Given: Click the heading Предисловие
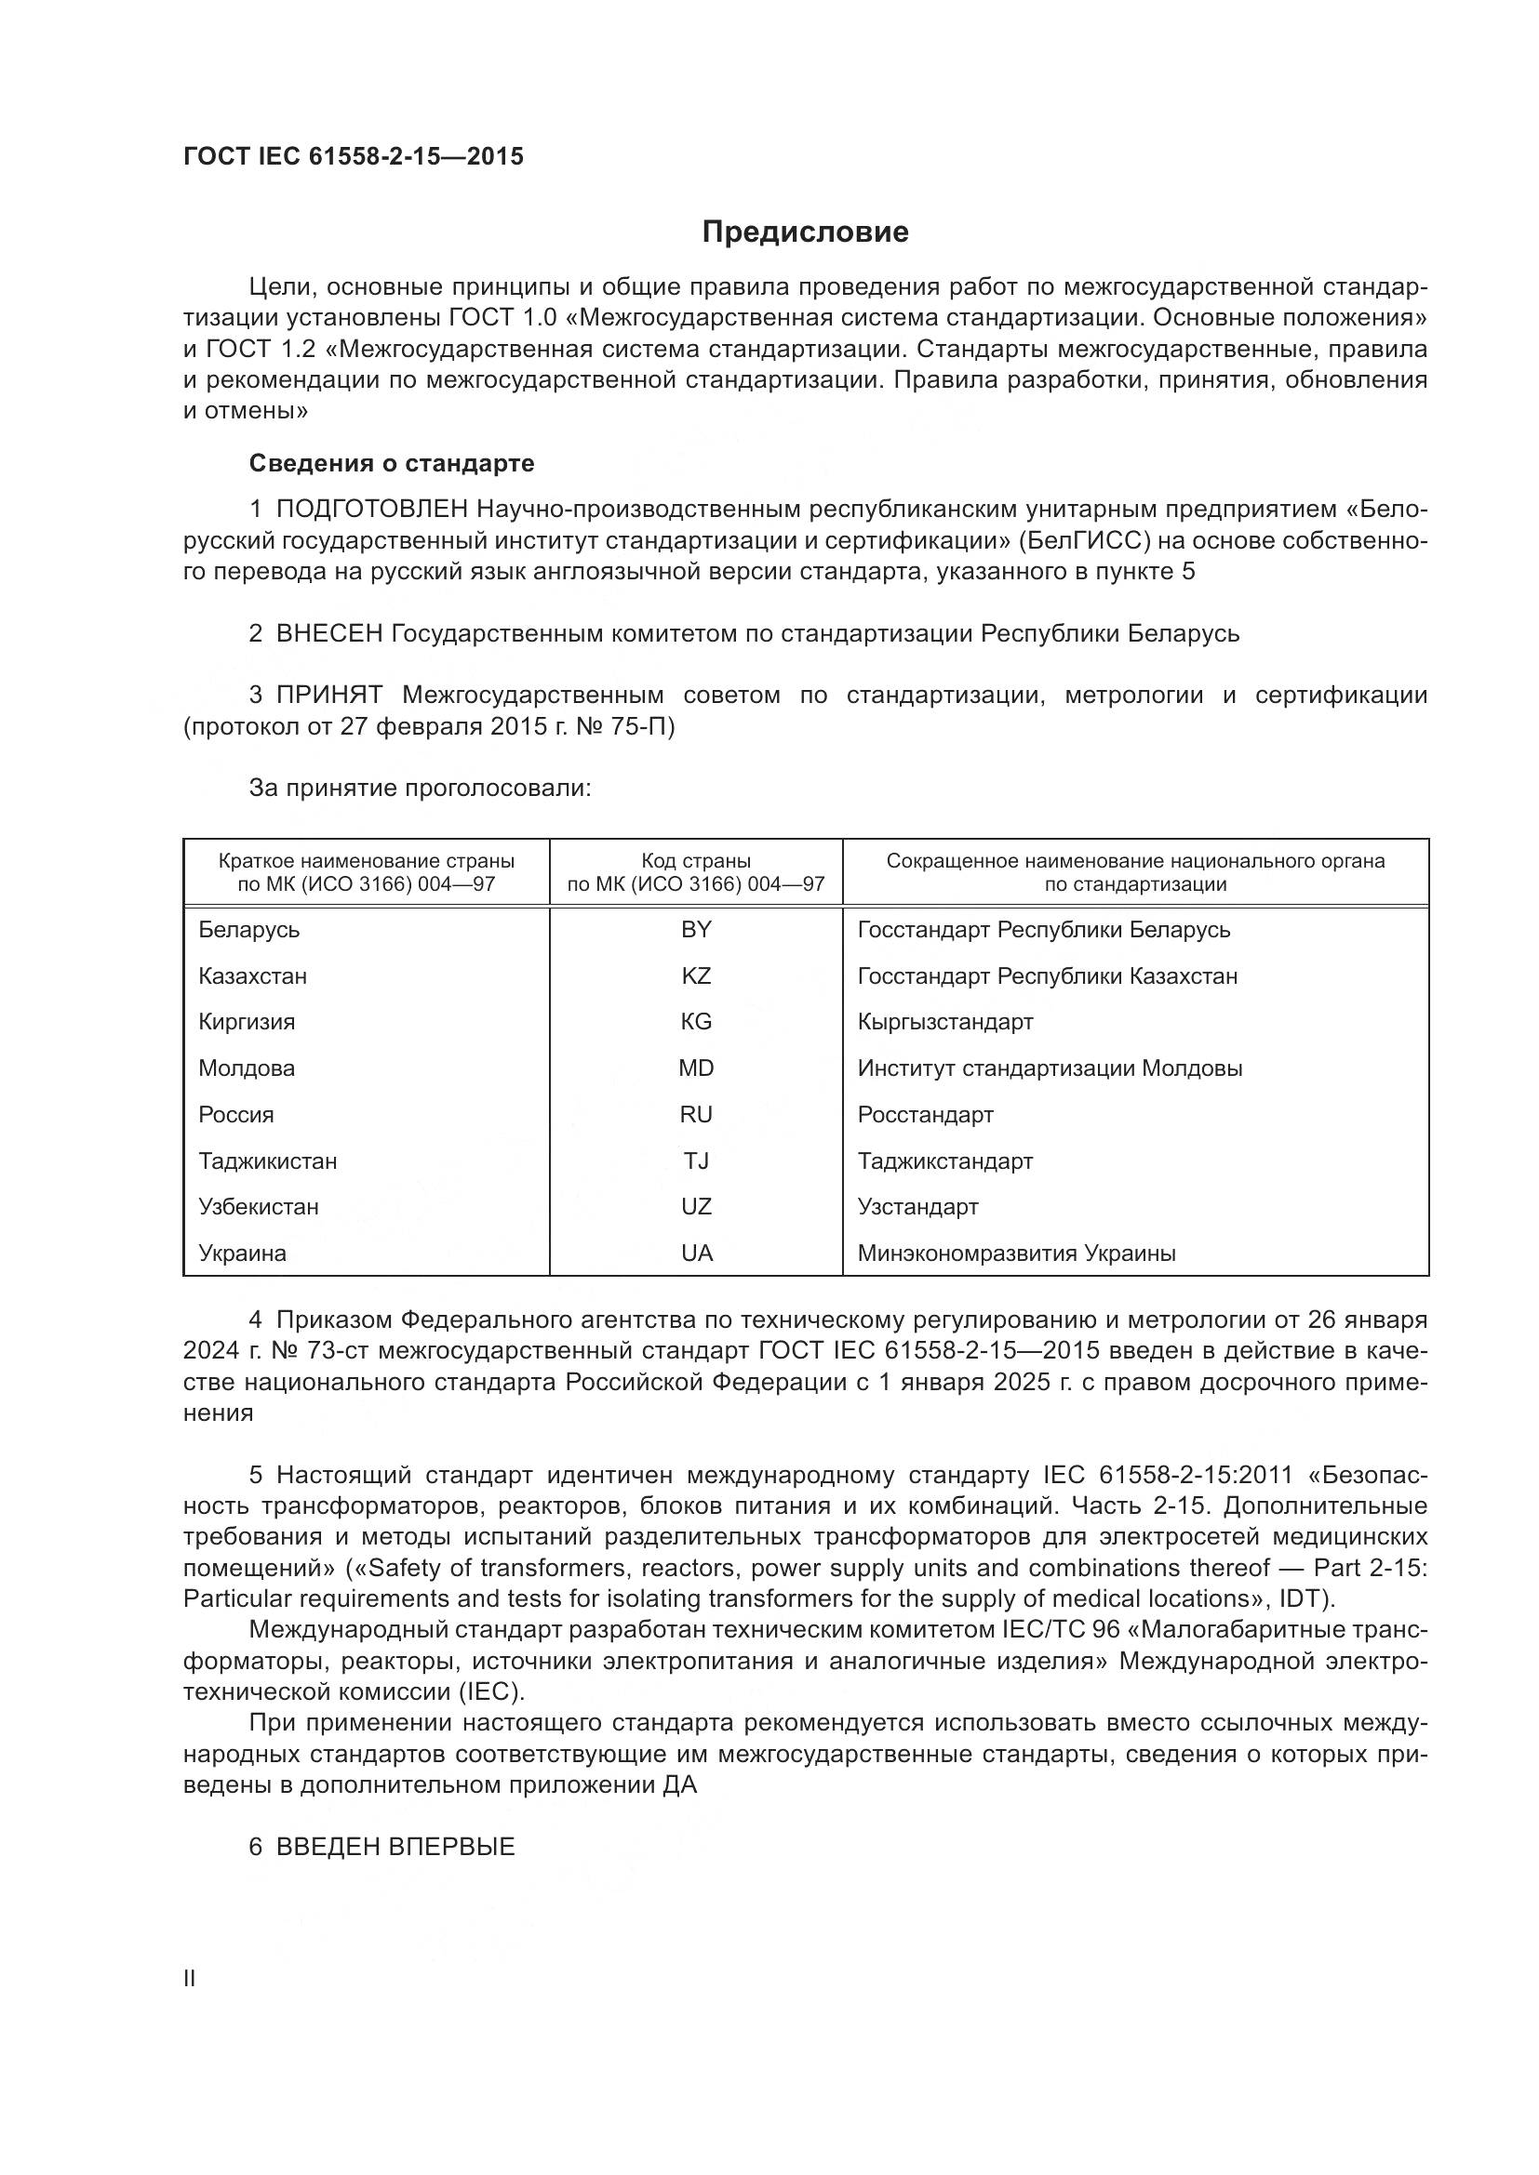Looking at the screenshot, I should pos(805,232).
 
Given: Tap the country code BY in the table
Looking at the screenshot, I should pos(696,929).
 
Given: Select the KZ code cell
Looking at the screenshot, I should pos(696,975).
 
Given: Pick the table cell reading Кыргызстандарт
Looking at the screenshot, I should pos(944,1022).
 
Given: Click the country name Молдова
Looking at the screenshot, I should pos(247,1068).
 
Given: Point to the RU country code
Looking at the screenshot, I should pos(696,1115).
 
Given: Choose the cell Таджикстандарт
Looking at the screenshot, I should pos(944,1161).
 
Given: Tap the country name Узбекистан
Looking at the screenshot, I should pos(259,1207).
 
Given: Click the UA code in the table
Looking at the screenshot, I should pos(696,1253).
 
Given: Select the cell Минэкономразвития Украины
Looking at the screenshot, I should pos(1016,1253).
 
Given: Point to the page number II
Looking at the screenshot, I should pos(190,1978).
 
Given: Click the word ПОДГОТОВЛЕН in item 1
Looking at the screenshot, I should pos(371,510).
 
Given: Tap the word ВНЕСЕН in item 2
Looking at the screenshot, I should pos(328,634).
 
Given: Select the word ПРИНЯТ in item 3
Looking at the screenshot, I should pos(328,696).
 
